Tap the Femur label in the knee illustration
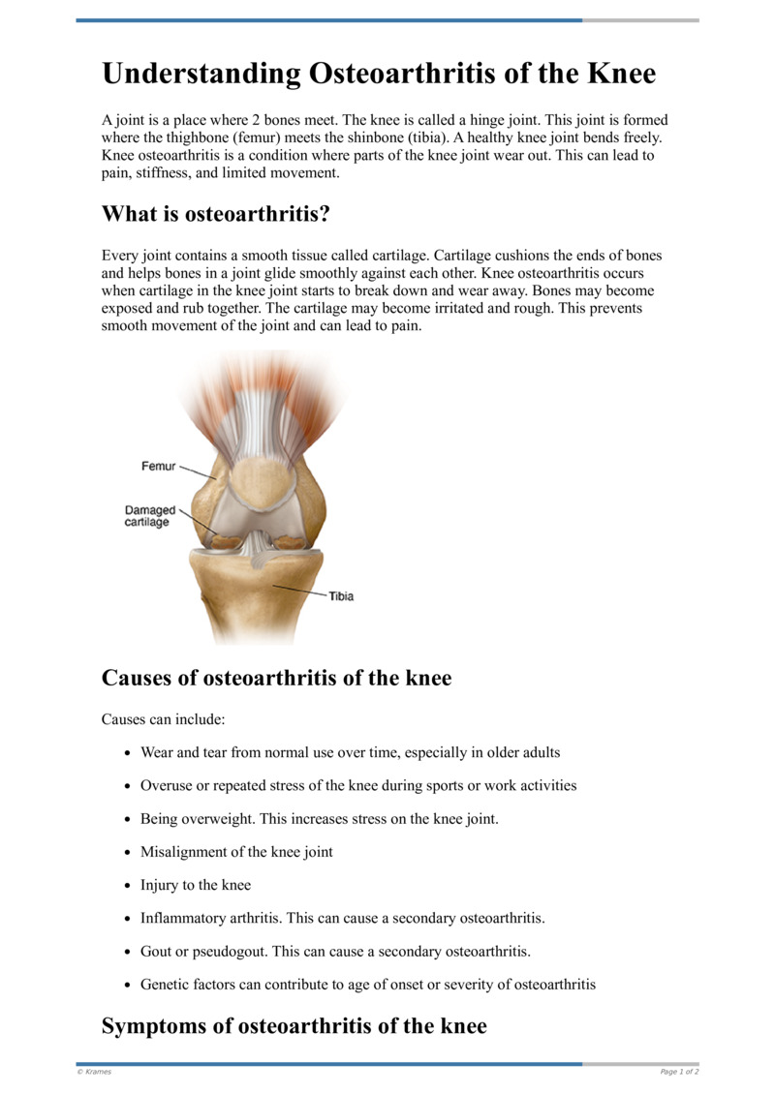tap(159, 466)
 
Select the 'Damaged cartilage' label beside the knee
tap(149, 516)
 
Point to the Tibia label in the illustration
tap(340, 596)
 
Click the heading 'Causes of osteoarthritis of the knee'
tap(276, 678)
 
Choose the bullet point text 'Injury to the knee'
tap(195, 885)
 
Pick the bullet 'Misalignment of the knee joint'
tap(236, 852)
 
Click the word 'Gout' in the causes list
tap(156, 952)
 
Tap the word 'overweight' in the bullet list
tap(217, 819)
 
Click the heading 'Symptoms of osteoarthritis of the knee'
tap(294, 1026)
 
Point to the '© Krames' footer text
tap(94, 1072)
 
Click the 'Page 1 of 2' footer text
tap(679, 1072)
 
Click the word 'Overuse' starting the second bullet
tap(166, 785)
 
